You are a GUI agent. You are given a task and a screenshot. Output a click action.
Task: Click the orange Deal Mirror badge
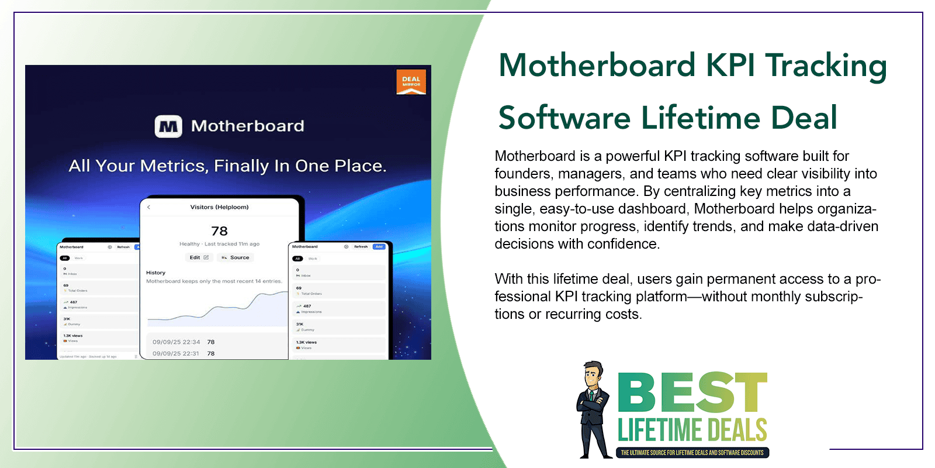(411, 82)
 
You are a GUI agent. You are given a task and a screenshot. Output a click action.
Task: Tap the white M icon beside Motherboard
(168, 126)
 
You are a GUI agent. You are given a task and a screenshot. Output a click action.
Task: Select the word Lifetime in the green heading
(701, 118)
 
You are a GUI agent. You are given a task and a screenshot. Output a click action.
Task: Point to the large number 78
(219, 231)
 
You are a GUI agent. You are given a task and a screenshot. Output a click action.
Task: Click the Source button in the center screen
(236, 257)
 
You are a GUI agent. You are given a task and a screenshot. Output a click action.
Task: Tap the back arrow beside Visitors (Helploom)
(149, 207)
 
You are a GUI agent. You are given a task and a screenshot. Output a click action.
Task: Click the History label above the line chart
(155, 273)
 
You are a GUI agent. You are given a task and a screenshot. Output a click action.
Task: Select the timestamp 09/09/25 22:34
(176, 342)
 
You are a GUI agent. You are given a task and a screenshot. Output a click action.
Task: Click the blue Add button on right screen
(379, 247)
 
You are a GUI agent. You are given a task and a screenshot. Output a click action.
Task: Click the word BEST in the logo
(692, 393)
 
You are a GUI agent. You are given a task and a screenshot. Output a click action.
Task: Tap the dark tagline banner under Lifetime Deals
(692, 453)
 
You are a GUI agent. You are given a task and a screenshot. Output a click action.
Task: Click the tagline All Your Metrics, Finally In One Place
(227, 166)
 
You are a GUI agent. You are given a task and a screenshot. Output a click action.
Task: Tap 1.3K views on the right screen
(306, 342)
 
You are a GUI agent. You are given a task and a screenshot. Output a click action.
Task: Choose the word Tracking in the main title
(826, 65)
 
